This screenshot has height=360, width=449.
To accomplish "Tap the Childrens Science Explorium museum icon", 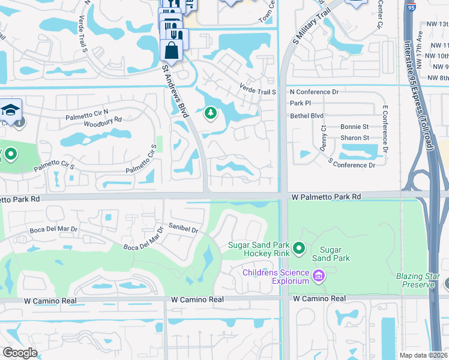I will click(318, 277).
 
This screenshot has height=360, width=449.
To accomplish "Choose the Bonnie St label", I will click(354, 127).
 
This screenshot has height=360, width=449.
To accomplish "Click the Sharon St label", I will click(354, 138).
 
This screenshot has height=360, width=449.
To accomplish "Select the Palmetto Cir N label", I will click(87, 111).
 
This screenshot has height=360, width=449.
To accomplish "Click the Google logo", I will click(20, 353).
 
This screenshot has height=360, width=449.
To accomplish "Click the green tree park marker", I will click(210, 113).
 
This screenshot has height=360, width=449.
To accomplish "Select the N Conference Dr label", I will click(315, 92).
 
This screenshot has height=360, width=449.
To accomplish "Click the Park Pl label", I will click(300, 103).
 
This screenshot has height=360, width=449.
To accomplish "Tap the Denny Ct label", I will click(323, 142).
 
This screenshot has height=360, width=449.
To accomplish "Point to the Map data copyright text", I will click(423, 355).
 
